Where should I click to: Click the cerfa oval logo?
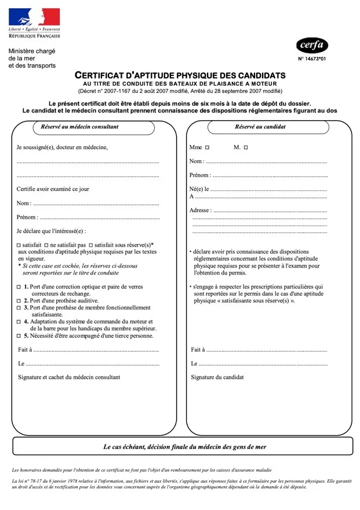point(312,45)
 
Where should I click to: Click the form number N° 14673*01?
point(312,59)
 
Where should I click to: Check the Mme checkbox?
point(207,148)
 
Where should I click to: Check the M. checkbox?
point(245,148)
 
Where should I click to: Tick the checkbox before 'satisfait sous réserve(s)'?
point(90,245)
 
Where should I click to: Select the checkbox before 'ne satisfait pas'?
point(46,245)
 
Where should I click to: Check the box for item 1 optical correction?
point(19,287)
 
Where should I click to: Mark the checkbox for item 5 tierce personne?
point(19,336)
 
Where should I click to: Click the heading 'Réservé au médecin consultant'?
point(79,126)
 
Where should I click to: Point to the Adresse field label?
point(200,210)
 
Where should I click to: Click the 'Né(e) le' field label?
point(199,189)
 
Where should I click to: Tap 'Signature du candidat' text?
point(217,377)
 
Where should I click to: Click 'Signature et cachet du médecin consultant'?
point(69,377)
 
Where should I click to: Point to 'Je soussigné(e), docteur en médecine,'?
point(62,147)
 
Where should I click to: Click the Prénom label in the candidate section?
point(199,175)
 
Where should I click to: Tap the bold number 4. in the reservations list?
point(26,321)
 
